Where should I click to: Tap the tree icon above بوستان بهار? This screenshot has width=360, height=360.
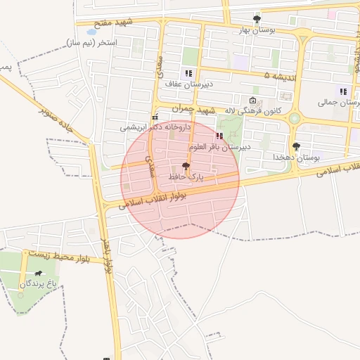[x=257, y=20]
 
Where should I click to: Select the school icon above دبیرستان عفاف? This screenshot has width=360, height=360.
[x=188, y=73]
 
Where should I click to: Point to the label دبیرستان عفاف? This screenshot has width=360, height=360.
[x=188, y=84]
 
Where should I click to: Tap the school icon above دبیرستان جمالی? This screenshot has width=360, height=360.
[x=342, y=91]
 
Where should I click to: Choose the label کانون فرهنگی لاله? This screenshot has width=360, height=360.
[x=254, y=111]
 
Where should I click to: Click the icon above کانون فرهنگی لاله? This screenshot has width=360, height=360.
[x=253, y=100]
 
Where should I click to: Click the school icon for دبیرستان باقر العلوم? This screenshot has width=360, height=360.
[x=219, y=136]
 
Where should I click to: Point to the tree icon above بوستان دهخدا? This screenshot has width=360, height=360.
[x=296, y=146]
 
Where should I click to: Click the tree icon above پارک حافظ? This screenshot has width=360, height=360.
[x=186, y=167]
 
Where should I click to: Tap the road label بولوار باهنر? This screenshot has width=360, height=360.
[x=108, y=260]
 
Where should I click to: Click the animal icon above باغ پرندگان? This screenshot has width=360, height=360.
[x=38, y=273]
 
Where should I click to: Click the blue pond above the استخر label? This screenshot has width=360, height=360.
[x=91, y=32]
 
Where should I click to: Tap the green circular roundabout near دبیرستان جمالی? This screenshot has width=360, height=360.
[x=294, y=119]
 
